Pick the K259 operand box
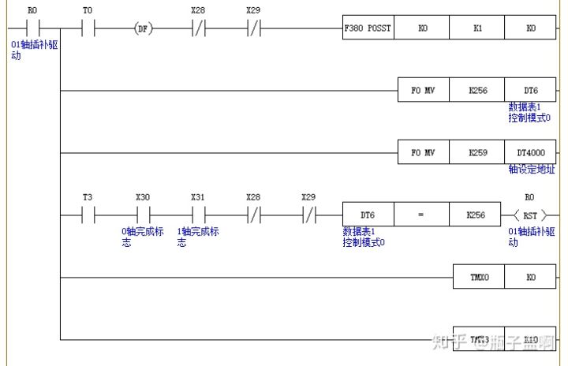pos(476,151)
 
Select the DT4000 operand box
pos(529,151)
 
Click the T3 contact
pos(87,214)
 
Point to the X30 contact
pos(142,214)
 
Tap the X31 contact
pos(197,214)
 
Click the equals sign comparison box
pos(422,214)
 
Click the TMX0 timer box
pos(476,278)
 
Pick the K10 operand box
pos(529,339)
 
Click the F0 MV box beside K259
pos(423,151)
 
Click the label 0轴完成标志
pos(142,237)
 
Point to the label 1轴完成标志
pos(197,237)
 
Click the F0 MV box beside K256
pos(423,90)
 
